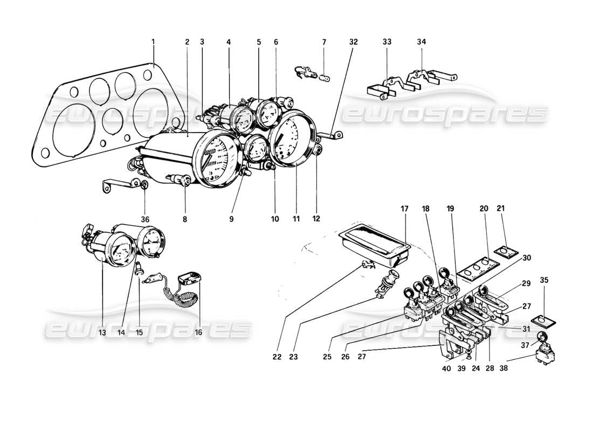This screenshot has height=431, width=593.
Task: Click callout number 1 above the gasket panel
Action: (153, 41)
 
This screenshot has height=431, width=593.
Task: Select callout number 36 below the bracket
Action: (145, 219)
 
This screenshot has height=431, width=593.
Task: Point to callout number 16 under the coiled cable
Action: (198, 332)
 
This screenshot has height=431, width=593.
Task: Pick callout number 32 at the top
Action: (353, 41)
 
